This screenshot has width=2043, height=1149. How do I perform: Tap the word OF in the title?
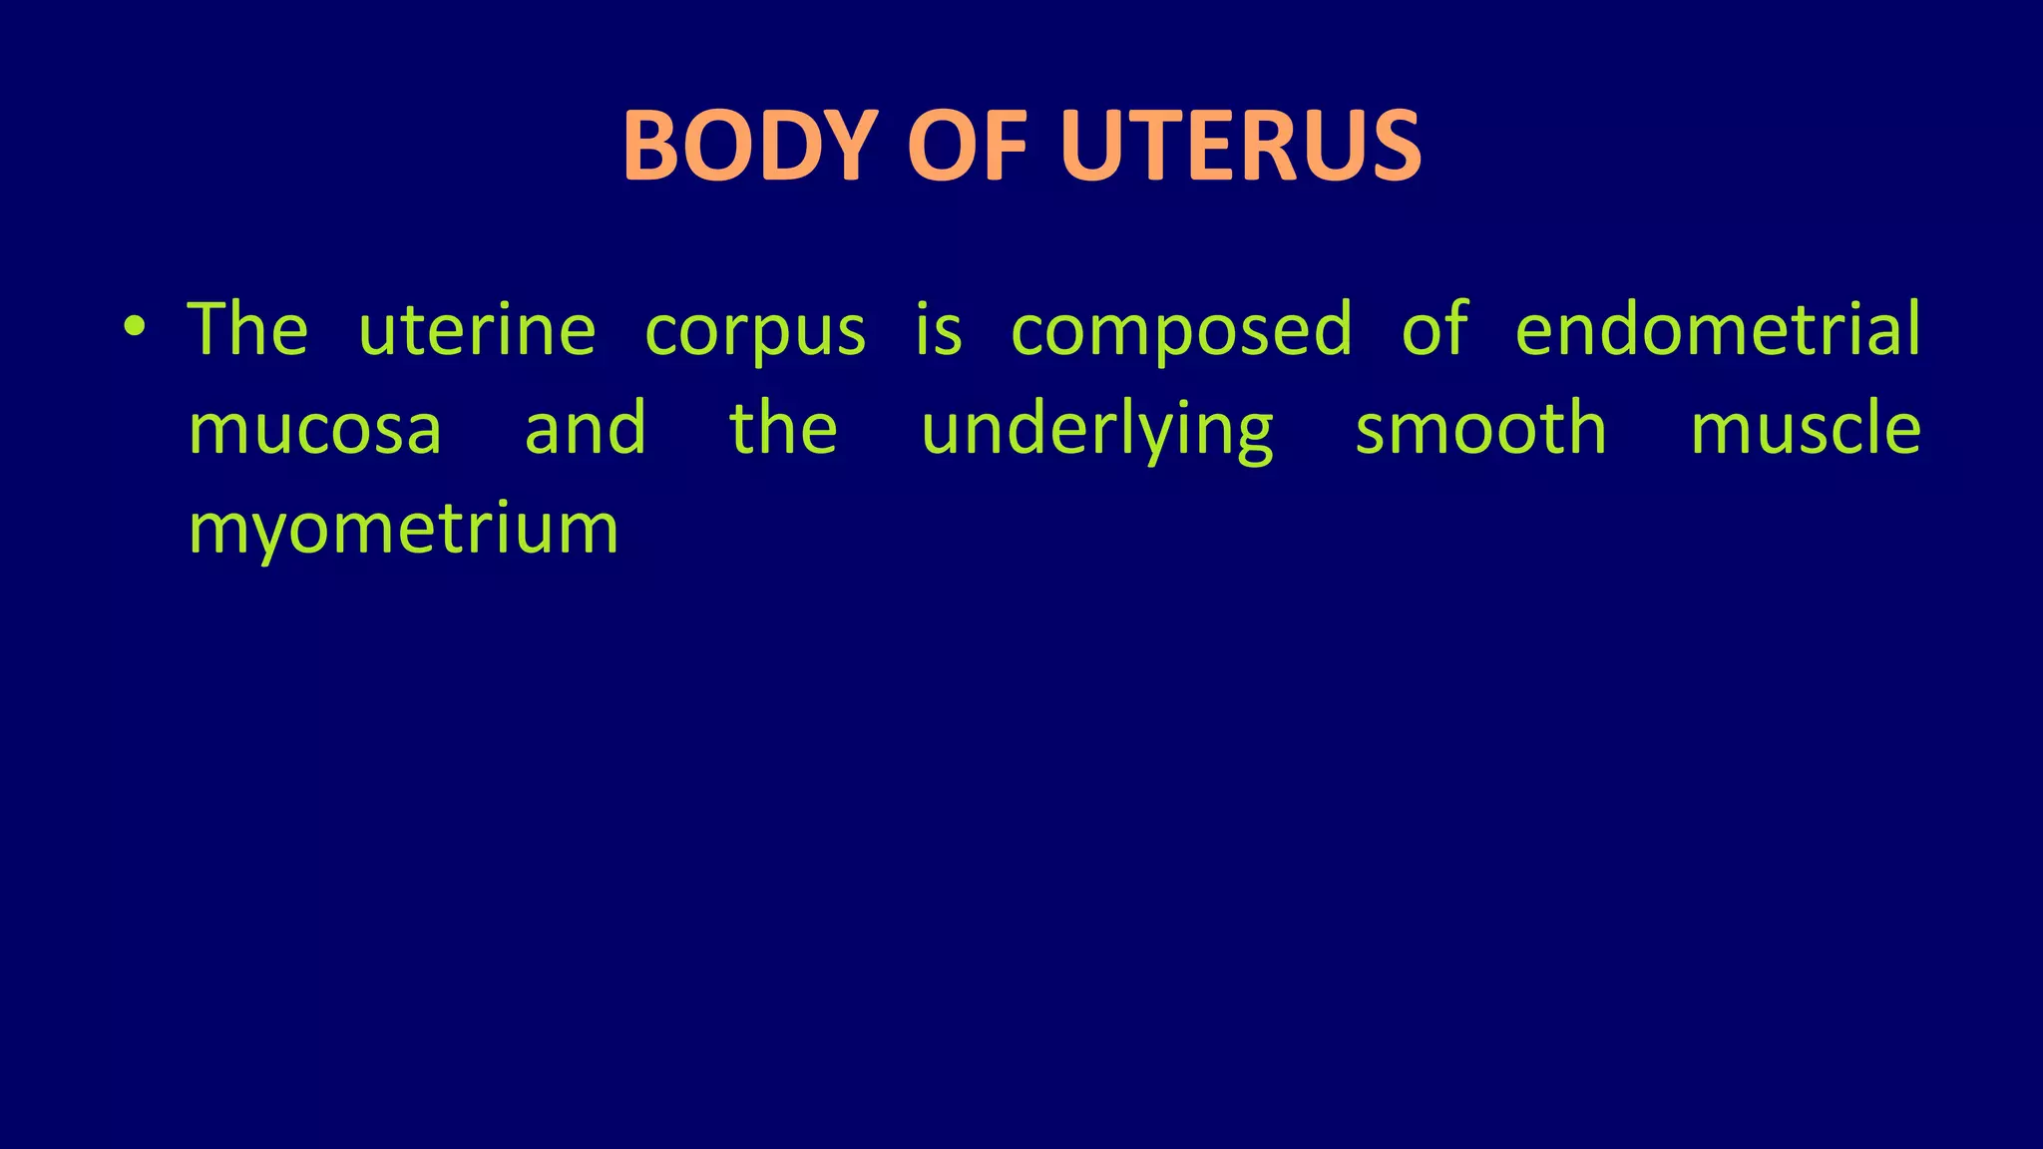(x=967, y=147)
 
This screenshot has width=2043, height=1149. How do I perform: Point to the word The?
(x=247, y=329)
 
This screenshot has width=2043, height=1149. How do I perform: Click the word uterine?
(x=477, y=329)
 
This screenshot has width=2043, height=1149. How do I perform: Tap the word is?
(x=939, y=329)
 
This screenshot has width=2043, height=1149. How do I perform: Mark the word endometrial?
(x=1717, y=329)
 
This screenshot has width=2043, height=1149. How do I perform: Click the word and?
(x=586, y=429)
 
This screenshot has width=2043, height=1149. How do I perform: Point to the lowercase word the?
(x=783, y=429)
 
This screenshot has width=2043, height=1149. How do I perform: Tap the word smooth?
(x=1480, y=429)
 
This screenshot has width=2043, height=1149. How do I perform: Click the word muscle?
(x=1806, y=429)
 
